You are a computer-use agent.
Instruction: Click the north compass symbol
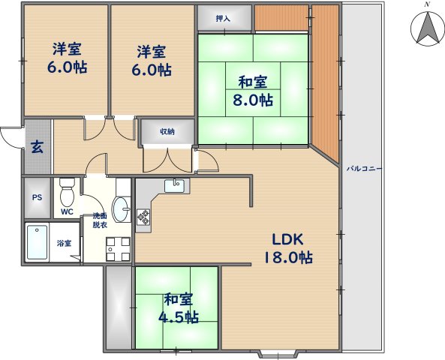tap(426, 28)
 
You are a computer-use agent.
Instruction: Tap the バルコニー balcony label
tap(364, 169)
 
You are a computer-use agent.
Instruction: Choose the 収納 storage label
tap(167, 132)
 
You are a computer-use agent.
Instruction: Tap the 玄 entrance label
tap(36, 146)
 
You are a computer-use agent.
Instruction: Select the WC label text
tap(67, 212)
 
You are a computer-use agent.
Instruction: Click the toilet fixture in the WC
tap(66, 193)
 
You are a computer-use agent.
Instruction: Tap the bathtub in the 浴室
tap(38, 242)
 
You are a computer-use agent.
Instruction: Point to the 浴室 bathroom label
tap(65, 243)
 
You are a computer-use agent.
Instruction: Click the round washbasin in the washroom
tap(120, 205)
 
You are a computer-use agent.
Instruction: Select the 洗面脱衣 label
tap(100, 220)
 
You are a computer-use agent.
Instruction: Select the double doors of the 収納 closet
tap(167, 157)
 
